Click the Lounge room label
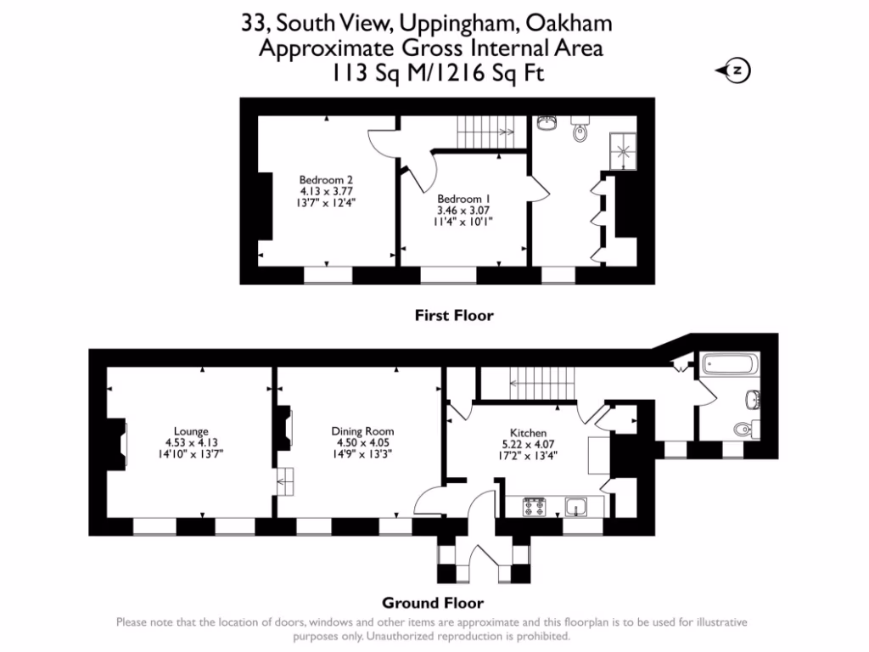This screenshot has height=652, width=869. pos(186,431)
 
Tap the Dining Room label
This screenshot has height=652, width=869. pos(362,431)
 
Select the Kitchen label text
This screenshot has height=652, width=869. pos(528,433)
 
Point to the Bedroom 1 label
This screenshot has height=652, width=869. pos(463,200)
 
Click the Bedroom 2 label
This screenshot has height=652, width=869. pos(325,180)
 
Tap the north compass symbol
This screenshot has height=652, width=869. pos(737,71)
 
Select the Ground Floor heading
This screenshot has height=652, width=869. pos(432,604)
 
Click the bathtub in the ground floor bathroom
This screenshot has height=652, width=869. pos(731,366)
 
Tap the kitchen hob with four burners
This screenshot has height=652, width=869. pos(535,508)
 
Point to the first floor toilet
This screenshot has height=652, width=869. pos(580,130)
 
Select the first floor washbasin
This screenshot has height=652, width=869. pos(547,126)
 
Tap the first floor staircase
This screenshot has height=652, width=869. pos(486,132)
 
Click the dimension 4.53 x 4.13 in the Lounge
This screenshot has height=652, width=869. pos(186,442)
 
